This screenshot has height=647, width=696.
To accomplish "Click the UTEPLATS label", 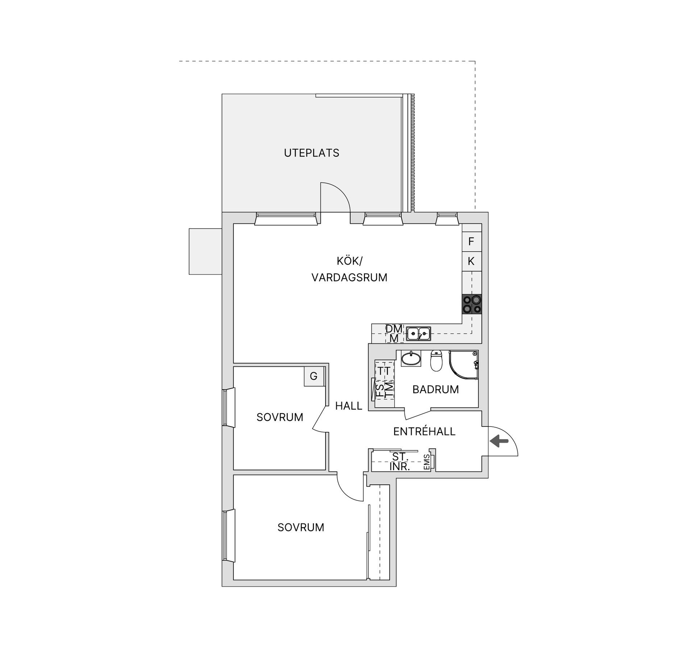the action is pyautogui.click(x=311, y=153).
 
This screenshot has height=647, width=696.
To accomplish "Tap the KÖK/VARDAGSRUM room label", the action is pyautogui.click(x=349, y=269).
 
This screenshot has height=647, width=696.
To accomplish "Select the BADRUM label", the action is pyautogui.click(x=435, y=389).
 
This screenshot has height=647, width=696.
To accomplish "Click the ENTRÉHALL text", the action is pyautogui.click(x=424, y=431).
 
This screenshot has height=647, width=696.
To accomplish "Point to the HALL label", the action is pyautogui.click(x=349, y=406).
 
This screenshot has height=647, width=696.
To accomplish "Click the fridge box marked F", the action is pyautogui.click(x=472, y=241).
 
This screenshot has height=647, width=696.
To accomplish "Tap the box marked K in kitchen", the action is pyautogui.click(x=472, y=261).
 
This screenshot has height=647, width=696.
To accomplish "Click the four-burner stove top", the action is pyautogui.click(x=472, y=304).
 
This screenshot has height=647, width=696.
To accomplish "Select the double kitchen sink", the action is pyautogui.click(x=418, y=333).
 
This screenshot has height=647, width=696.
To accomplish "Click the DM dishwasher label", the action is pyautogui.click(x=394, y=329).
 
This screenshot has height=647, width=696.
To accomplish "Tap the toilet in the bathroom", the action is pyautogui.click(x=436, y=361).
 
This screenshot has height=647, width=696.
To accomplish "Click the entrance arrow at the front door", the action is pyautogui.click(x=499, y=441).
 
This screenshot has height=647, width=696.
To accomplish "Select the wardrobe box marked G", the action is pyautogui.click(x=314, y=376).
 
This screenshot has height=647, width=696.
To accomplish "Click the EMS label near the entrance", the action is pyautogui.click(x=427, y=462).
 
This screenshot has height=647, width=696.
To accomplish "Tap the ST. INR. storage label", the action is pyautogui.click(x=400, y=462).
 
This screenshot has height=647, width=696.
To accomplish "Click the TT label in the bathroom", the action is pyautogui.click(x=384, y=371).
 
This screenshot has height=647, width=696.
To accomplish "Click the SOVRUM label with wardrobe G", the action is pyautogui.click(x=280, y=417).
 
